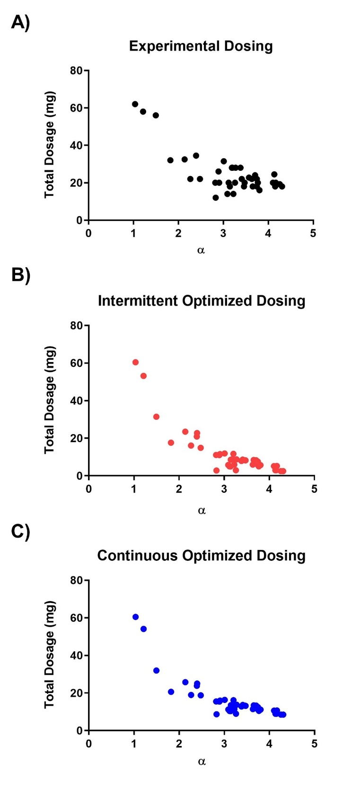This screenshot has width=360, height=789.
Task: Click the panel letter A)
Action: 20,22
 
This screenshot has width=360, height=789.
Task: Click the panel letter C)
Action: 20,532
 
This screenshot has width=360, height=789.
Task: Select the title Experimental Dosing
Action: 201,46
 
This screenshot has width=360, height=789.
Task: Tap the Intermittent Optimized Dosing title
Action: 202,301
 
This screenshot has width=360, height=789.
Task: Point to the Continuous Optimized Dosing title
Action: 201,556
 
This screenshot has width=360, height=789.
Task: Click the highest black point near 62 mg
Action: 135,104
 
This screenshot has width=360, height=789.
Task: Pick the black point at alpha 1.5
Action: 156,115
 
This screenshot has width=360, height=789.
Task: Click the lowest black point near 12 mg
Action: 216,198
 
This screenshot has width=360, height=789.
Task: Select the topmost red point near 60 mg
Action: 135,362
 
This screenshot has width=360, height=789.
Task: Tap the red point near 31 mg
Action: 156,417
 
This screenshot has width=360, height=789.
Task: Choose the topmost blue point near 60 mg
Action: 135,617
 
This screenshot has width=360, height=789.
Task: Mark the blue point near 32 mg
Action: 156,671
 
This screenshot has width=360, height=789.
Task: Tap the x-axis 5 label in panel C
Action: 314,743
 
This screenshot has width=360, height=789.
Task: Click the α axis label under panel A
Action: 201,250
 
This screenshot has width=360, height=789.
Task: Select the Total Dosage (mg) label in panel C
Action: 50,655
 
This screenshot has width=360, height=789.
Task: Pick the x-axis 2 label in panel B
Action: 179,488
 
